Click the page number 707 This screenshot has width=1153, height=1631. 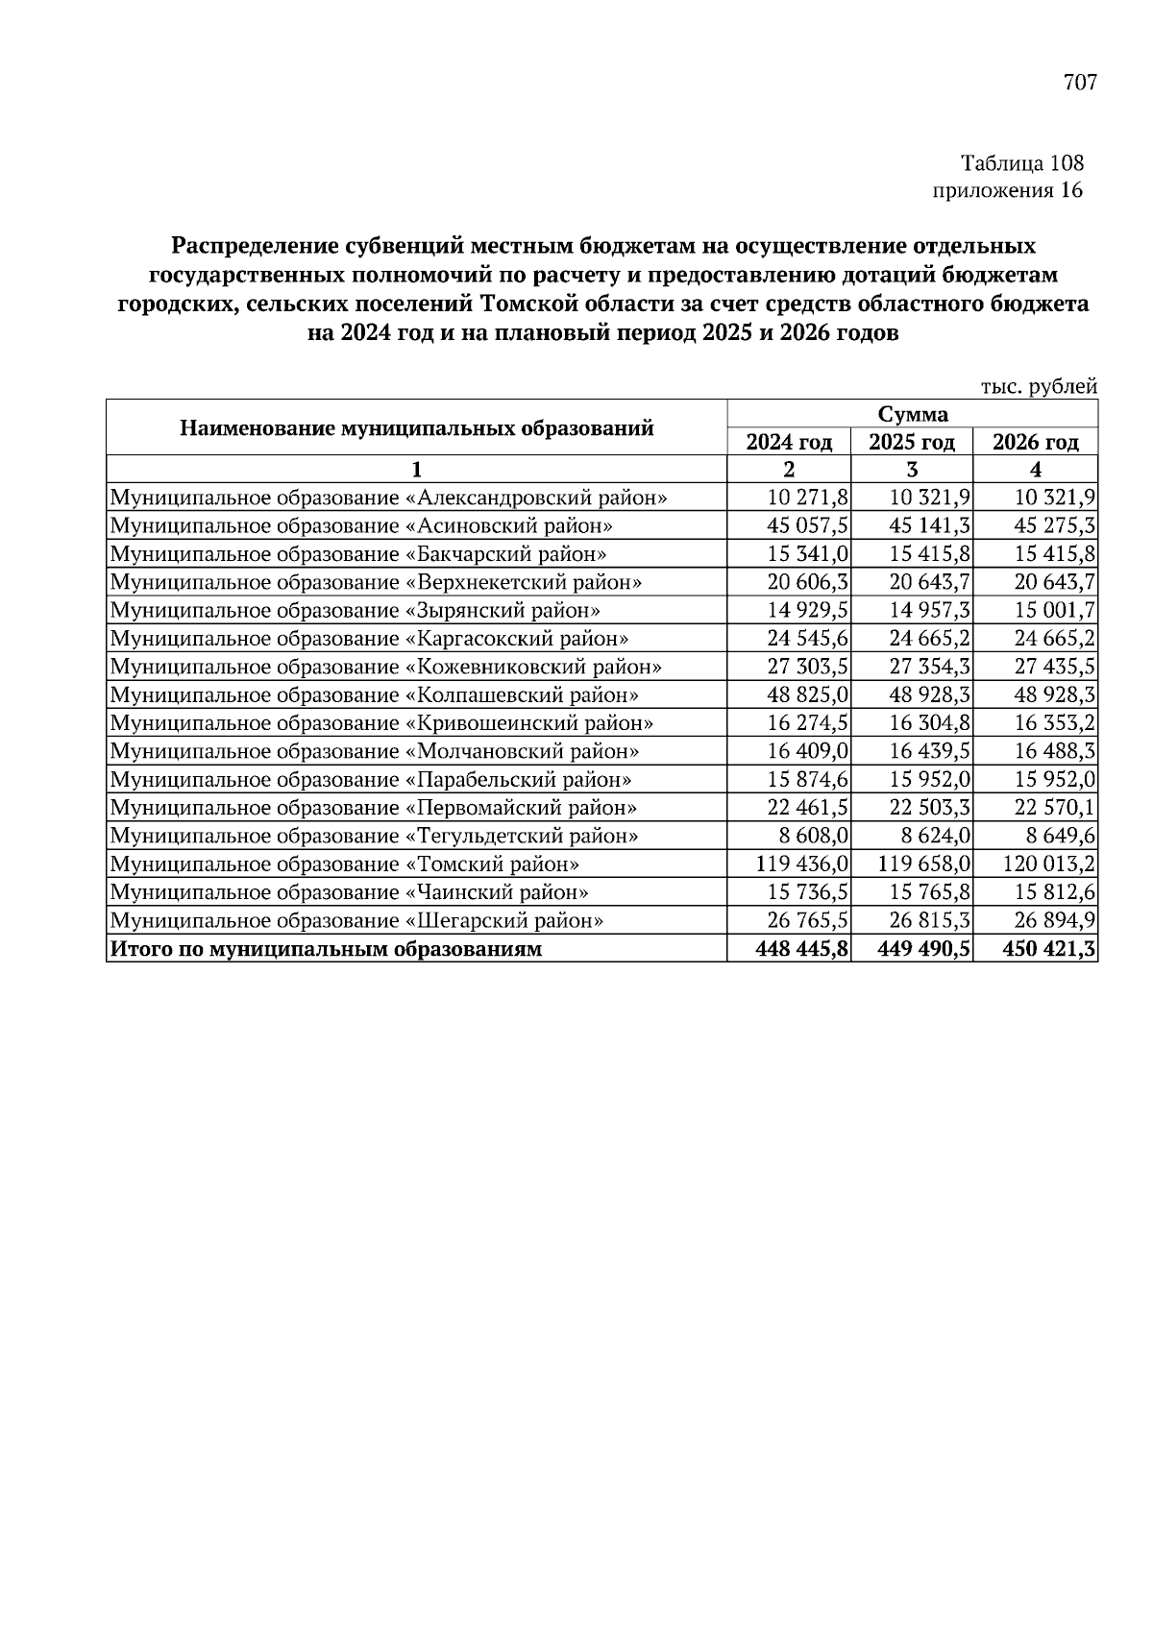point(1079,83)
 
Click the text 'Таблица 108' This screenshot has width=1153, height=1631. point(1021,163)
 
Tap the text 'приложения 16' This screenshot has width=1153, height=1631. point(1008,190)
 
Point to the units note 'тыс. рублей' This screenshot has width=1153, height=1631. point(1039,387)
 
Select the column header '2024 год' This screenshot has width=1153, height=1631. point(789,442)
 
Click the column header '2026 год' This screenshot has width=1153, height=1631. point(1035,442)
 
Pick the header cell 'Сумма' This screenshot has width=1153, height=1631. point(912,414)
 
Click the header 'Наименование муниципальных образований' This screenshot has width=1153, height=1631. point(416,427)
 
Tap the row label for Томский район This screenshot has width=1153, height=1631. point(345,864)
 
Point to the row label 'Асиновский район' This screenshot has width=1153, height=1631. point(361,526)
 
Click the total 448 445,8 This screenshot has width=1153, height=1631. point(801,950)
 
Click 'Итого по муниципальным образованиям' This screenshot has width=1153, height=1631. point(326,950)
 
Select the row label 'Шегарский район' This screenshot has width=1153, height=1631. point(356,921)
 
